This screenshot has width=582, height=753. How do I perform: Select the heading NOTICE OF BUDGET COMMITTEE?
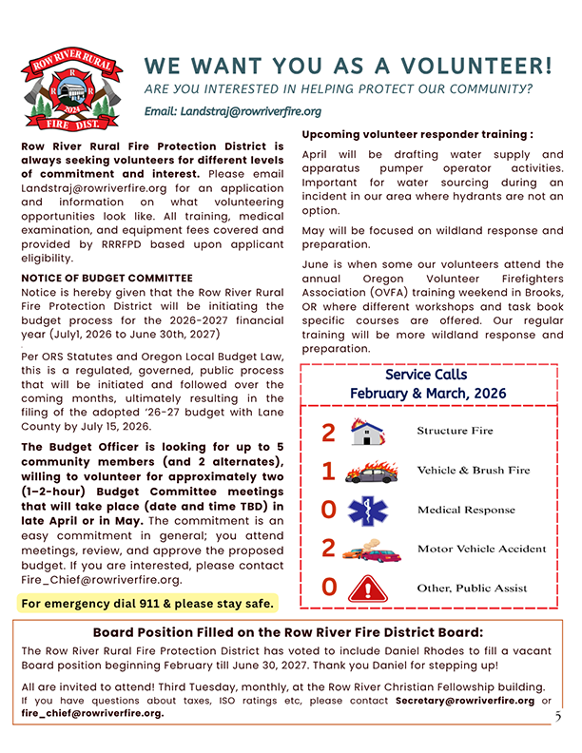107,278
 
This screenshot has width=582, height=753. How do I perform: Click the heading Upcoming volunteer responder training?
417,135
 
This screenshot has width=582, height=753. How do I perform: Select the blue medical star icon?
367,511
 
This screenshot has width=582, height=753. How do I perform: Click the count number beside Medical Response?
328,511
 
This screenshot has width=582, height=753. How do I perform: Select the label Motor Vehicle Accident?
481,549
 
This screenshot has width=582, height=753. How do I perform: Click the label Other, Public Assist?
474,589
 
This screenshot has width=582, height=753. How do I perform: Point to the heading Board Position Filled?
287,632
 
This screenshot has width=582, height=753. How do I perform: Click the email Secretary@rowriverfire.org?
465,701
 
